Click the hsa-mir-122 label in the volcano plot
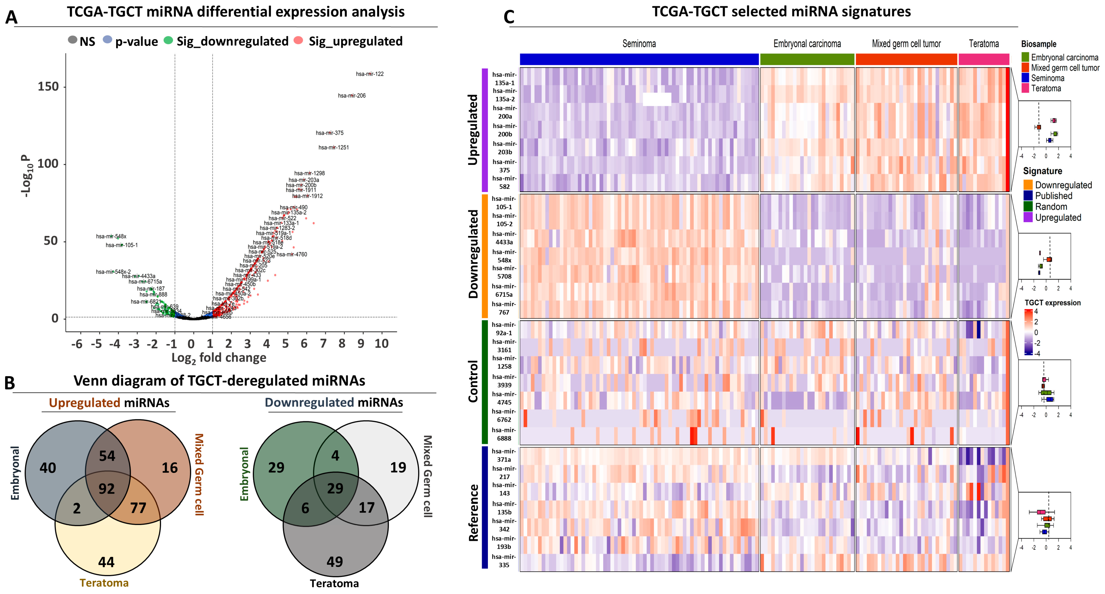369,74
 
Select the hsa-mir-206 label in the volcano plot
351,96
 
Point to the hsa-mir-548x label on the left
111,236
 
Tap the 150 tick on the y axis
48,87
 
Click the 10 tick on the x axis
381,344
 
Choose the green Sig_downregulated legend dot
168,40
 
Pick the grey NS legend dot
73,40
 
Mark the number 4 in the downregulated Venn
335,456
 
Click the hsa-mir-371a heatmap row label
504,455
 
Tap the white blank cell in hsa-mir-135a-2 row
657,99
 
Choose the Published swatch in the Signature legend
1028,196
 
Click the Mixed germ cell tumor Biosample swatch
1025,68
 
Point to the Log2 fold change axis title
219,358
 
